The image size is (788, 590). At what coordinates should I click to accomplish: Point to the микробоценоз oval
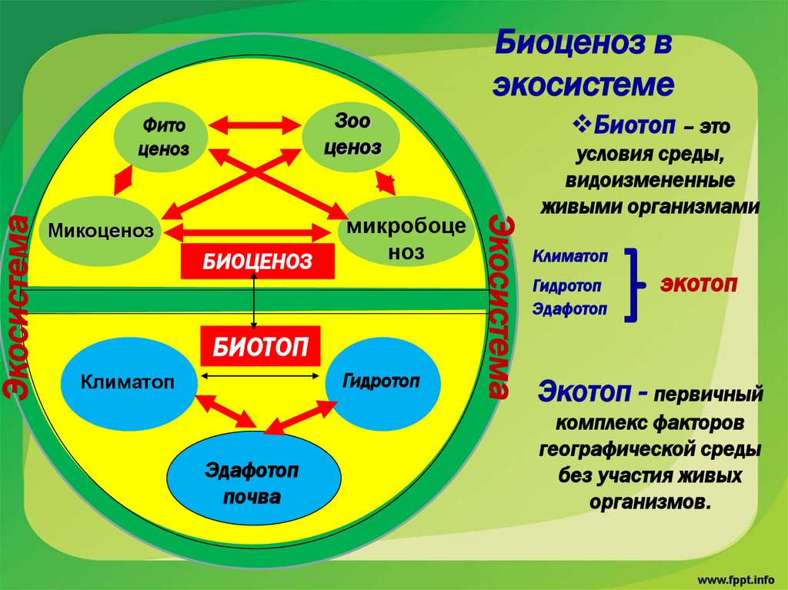(406, 238)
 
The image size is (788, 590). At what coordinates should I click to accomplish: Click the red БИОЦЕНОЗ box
(258, 262)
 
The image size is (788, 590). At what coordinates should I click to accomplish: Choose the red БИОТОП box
(260, 346)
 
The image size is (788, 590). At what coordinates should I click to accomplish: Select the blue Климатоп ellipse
(128, 381)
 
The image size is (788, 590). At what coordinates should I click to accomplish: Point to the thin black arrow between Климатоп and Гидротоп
(260, 375)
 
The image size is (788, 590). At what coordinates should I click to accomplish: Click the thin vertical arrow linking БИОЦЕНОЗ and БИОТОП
(255, 304)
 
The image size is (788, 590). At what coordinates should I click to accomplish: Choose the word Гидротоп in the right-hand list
(566, 285)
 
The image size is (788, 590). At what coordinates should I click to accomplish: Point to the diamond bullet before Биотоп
(583, 122)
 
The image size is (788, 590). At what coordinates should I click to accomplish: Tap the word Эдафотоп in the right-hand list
(569, 308)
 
